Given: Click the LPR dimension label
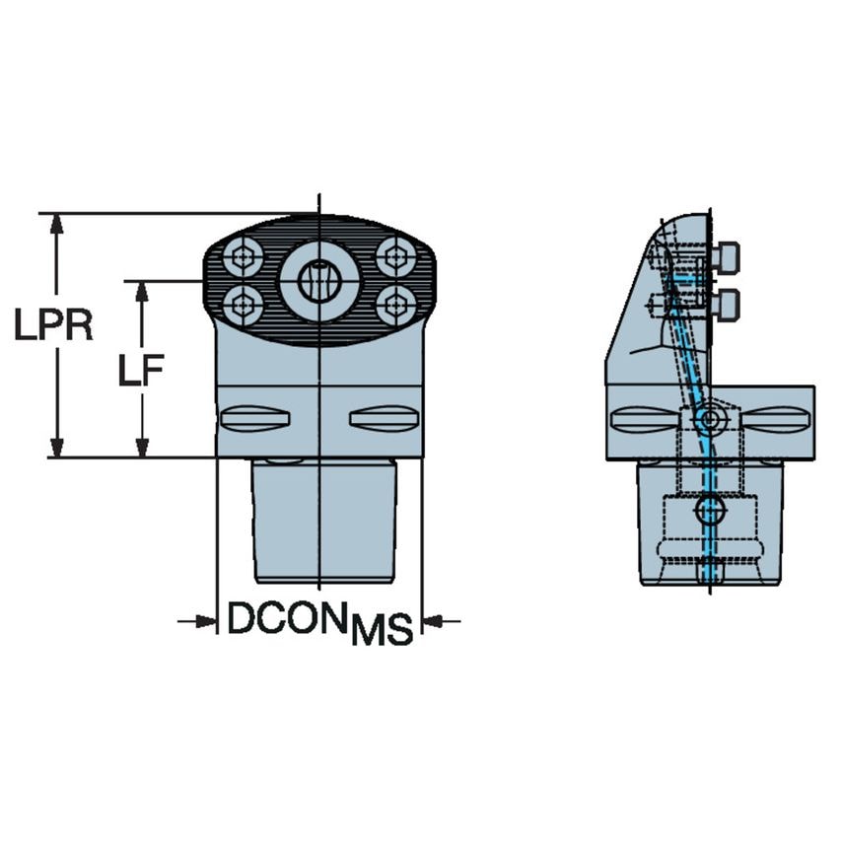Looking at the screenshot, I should click(53, 324).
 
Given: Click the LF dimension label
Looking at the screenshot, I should click(140, 371).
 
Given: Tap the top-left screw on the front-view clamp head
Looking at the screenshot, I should click(242, 259).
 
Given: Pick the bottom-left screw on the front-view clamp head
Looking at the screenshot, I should click(242, 304).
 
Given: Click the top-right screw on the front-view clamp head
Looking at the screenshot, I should click(396, 257).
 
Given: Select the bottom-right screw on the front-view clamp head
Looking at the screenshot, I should click(396, 304).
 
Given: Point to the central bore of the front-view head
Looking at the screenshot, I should click(318, 281).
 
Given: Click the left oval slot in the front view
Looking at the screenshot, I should click(254, 417).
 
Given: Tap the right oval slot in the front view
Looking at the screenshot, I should click(384, 417).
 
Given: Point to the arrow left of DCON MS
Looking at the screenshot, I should click(203, 621).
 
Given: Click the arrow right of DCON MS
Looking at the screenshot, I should click(435, 621).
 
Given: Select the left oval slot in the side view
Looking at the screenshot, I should click(644, 418).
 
